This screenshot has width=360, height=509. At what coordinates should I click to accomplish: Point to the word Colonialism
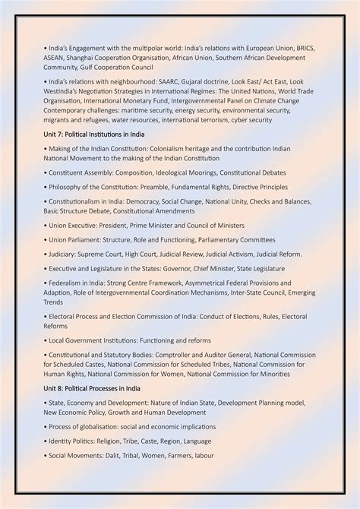click(x=169, y=149)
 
